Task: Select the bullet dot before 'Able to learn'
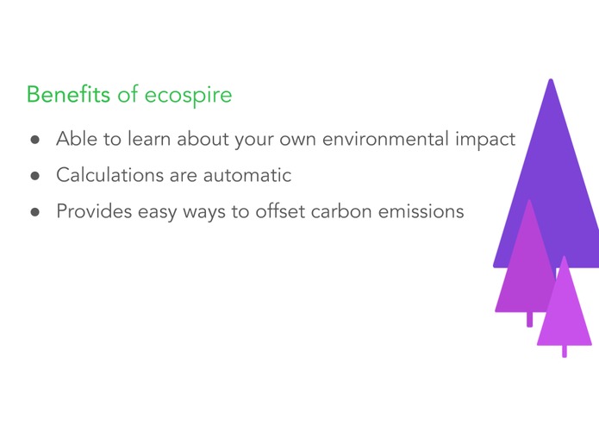[35, 139]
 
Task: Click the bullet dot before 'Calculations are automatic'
[35, 175]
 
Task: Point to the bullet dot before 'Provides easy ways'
[35, 211]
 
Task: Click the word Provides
[90, 210]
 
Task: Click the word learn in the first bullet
[151, 138]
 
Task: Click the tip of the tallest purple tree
[551, 81]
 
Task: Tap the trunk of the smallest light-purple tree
[565, 351]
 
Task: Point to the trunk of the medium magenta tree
[529, 319]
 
